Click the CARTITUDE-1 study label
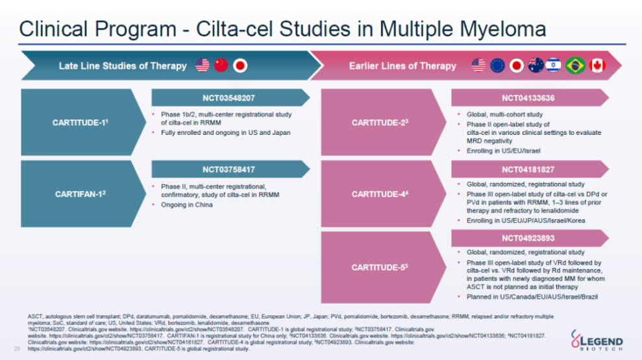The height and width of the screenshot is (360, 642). coord(79,122)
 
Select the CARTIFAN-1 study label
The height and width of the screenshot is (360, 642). coord(79,193)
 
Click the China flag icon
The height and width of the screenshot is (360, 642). coord(221,65)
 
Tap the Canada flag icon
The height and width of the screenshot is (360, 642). coord(597,65)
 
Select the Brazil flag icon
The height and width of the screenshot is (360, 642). coord(576,65)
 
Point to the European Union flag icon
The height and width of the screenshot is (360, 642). coord(498,65)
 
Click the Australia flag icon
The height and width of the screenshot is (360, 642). coord(536,65)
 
